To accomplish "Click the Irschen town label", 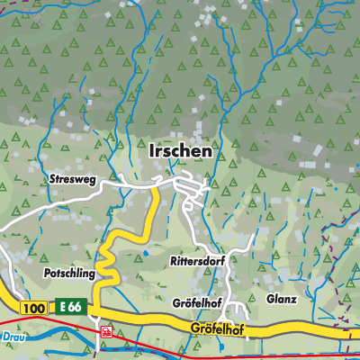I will (x=180, y=152).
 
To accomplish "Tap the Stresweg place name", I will (x=72, y=180).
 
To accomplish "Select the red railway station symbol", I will (x=106, y=330).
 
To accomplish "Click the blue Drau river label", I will (x=10, y=336).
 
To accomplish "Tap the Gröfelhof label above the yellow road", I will (x=195, y=301).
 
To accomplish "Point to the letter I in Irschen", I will (x=150, y=152).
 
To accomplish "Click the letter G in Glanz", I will (x=270, y=299).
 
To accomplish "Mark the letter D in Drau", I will (x=4, y=336).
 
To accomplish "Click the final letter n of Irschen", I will (x=208, y=152).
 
